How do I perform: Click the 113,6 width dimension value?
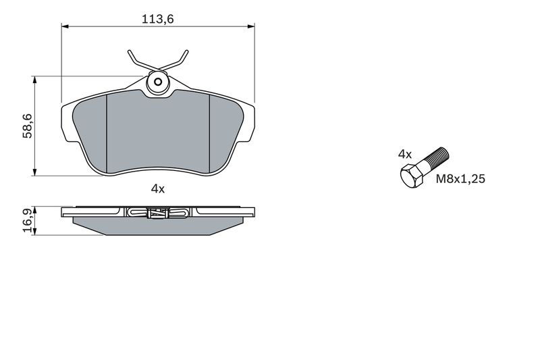(158, 20)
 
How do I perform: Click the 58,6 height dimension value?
(28, 126)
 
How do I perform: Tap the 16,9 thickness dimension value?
(28, 220)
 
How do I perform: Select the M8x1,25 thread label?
(460, 179)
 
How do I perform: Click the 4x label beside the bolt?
(404, 154)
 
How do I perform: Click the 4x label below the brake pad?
(158, 189)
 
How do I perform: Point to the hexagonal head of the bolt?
(411, 176)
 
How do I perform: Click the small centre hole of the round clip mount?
(158, 82)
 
